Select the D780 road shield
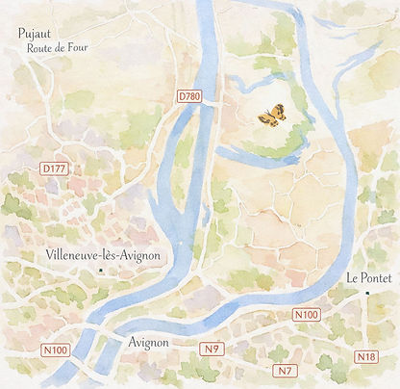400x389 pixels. tap(189, 97)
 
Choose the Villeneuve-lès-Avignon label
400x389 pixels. tap(103, 255)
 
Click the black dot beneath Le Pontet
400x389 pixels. tap(366, 292)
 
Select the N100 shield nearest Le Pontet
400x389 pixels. tap(306, 315)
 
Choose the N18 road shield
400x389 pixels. tap(365, 357)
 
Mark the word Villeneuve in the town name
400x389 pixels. tap(75, 255)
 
